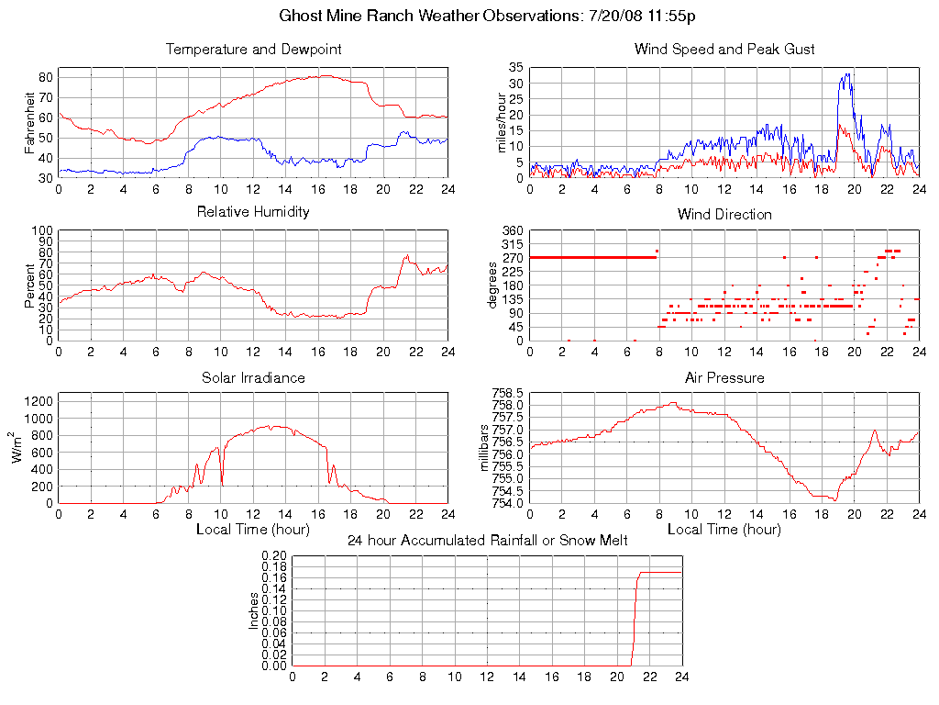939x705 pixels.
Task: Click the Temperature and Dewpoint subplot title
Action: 253,50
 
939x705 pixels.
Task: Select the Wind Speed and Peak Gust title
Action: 724,50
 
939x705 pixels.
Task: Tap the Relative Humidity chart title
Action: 253,212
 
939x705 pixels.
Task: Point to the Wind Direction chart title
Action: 724,214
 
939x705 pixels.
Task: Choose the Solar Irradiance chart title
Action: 253,377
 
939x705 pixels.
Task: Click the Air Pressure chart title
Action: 724,377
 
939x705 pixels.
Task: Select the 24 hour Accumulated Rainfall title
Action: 487,540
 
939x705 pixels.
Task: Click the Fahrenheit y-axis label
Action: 30,122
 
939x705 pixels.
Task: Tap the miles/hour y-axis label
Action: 502,122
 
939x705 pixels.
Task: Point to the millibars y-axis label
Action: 486,448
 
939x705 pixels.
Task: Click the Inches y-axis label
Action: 253,611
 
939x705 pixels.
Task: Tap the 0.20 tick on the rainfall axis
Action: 273,556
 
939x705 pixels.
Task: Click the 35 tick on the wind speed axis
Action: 516,68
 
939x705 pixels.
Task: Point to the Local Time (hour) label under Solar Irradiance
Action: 253,530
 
